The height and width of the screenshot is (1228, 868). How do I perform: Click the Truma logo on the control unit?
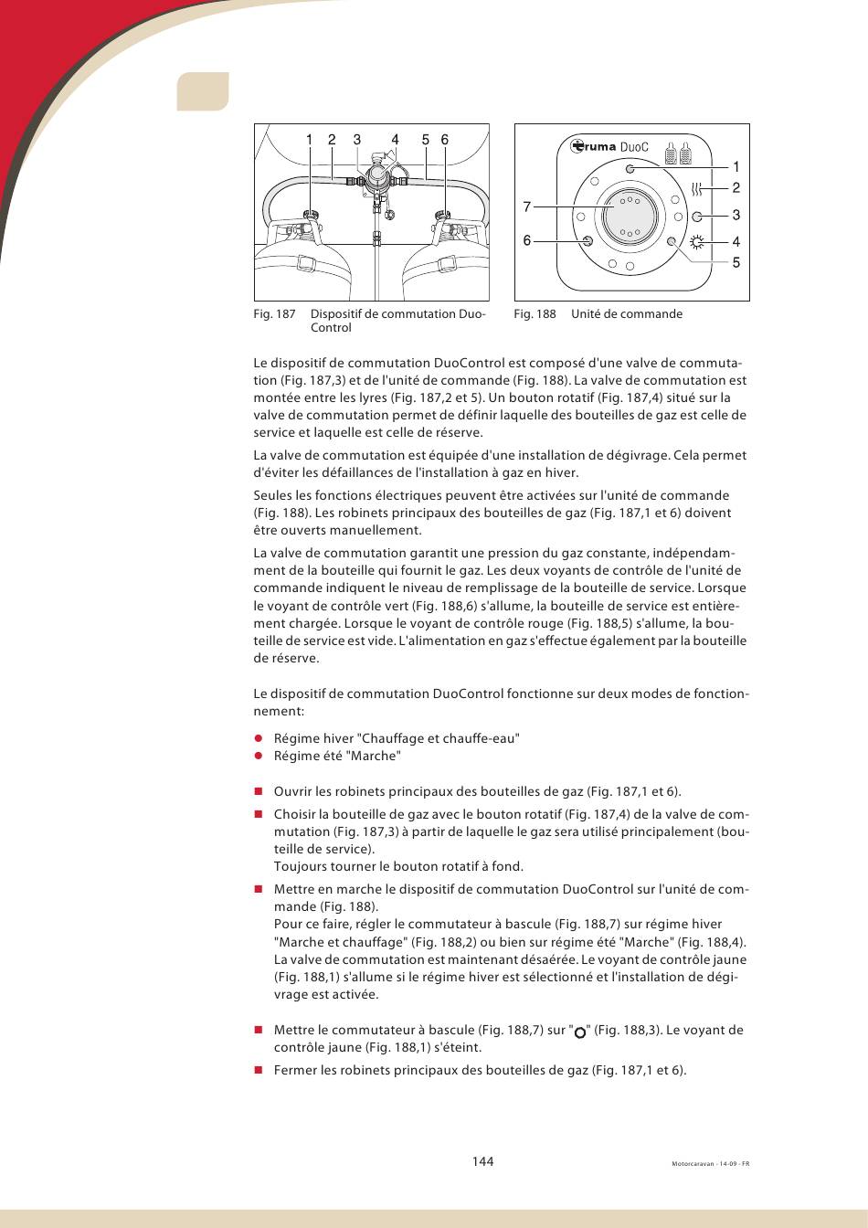click(594, 146)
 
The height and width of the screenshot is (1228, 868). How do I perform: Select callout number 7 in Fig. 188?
click(526, 207)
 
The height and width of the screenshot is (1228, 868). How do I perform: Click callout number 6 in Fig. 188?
click(526, 240)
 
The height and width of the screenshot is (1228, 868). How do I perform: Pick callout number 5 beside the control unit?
click(736, 263)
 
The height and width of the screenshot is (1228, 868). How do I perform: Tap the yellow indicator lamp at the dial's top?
click(630, 169)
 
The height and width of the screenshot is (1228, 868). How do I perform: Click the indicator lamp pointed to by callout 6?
click(587, 241)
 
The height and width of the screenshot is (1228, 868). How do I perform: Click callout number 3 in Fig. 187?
click(357, 140)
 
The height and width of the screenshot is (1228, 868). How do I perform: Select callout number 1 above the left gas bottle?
click(310, 140)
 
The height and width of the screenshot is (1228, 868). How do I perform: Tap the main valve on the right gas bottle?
click(445, 219)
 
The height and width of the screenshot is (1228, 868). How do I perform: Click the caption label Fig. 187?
click(274, 314)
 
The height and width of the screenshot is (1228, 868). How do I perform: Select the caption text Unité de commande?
click(627, 314)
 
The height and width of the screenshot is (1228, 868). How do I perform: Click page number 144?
click(482, 1161)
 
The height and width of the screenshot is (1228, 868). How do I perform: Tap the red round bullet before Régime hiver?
click(259, 738)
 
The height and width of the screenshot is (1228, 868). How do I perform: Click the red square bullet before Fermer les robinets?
click(259, 1070)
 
